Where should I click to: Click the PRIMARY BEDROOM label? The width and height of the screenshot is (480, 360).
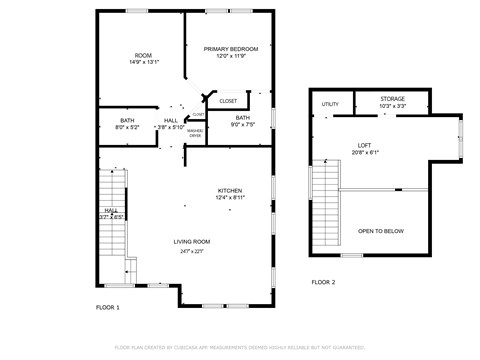(x=231, y=49)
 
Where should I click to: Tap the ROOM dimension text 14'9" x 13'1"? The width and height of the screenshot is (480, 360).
(x=143, y=62)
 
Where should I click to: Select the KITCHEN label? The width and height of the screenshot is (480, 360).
(x=231, y=190)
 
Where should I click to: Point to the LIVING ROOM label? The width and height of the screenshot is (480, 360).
(x=191, y=241)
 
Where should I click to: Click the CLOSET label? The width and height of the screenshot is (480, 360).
(x=228, y=101)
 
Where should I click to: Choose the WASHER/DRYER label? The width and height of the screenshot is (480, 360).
(x=195, y=134)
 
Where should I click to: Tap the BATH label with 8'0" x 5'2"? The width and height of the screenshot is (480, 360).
(x=127, y=120)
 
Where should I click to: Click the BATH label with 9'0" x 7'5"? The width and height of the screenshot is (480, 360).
(x=243, y=118)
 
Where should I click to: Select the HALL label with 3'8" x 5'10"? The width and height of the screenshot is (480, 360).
(x=171, y=120)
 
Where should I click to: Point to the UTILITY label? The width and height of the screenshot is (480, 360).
(x=330, y=104)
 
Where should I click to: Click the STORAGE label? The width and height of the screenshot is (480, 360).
(x=393, y=99)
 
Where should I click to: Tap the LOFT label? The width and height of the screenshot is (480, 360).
(x=364, y=145)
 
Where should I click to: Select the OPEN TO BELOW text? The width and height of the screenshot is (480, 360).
(x=381, y=231)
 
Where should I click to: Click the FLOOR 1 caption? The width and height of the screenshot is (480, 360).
(x=107, y=307)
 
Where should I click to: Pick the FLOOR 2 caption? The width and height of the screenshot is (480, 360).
(x=322, y=282)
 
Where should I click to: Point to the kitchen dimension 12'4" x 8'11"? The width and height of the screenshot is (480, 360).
(x=231, y=198)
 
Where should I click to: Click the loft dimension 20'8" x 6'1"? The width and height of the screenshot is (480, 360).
(x=364, y=152)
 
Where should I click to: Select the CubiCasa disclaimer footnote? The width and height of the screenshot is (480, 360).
(x=239, y=347)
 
